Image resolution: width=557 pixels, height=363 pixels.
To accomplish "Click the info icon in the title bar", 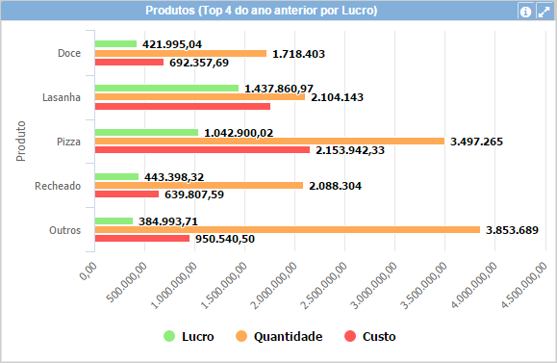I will tap(525, 12).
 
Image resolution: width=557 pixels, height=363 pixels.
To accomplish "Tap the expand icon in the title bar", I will tap(543, 12).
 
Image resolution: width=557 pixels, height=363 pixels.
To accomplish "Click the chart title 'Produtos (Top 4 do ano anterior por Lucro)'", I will tap(261, 11).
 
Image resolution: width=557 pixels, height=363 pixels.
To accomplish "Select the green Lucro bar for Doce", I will tap(115, 44).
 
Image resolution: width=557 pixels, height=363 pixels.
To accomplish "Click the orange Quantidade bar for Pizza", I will tap(269, 142).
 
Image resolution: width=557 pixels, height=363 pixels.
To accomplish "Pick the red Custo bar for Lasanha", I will tap(182, 106).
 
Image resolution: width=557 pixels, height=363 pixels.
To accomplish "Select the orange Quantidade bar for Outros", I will tap(287, 229).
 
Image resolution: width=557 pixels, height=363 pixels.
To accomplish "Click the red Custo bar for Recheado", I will tap(126, 194).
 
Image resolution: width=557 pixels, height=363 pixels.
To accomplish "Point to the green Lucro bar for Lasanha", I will tap(166, 88).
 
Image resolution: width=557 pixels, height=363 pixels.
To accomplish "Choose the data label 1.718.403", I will tap(299, 54).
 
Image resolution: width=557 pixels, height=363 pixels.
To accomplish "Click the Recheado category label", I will tap(57, 186).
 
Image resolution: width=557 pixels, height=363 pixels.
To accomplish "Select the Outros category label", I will tap(63, 230).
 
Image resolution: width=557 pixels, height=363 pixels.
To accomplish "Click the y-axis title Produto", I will tap(21, 142).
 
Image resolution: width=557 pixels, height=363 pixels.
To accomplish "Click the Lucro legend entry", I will tap(189, 337).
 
